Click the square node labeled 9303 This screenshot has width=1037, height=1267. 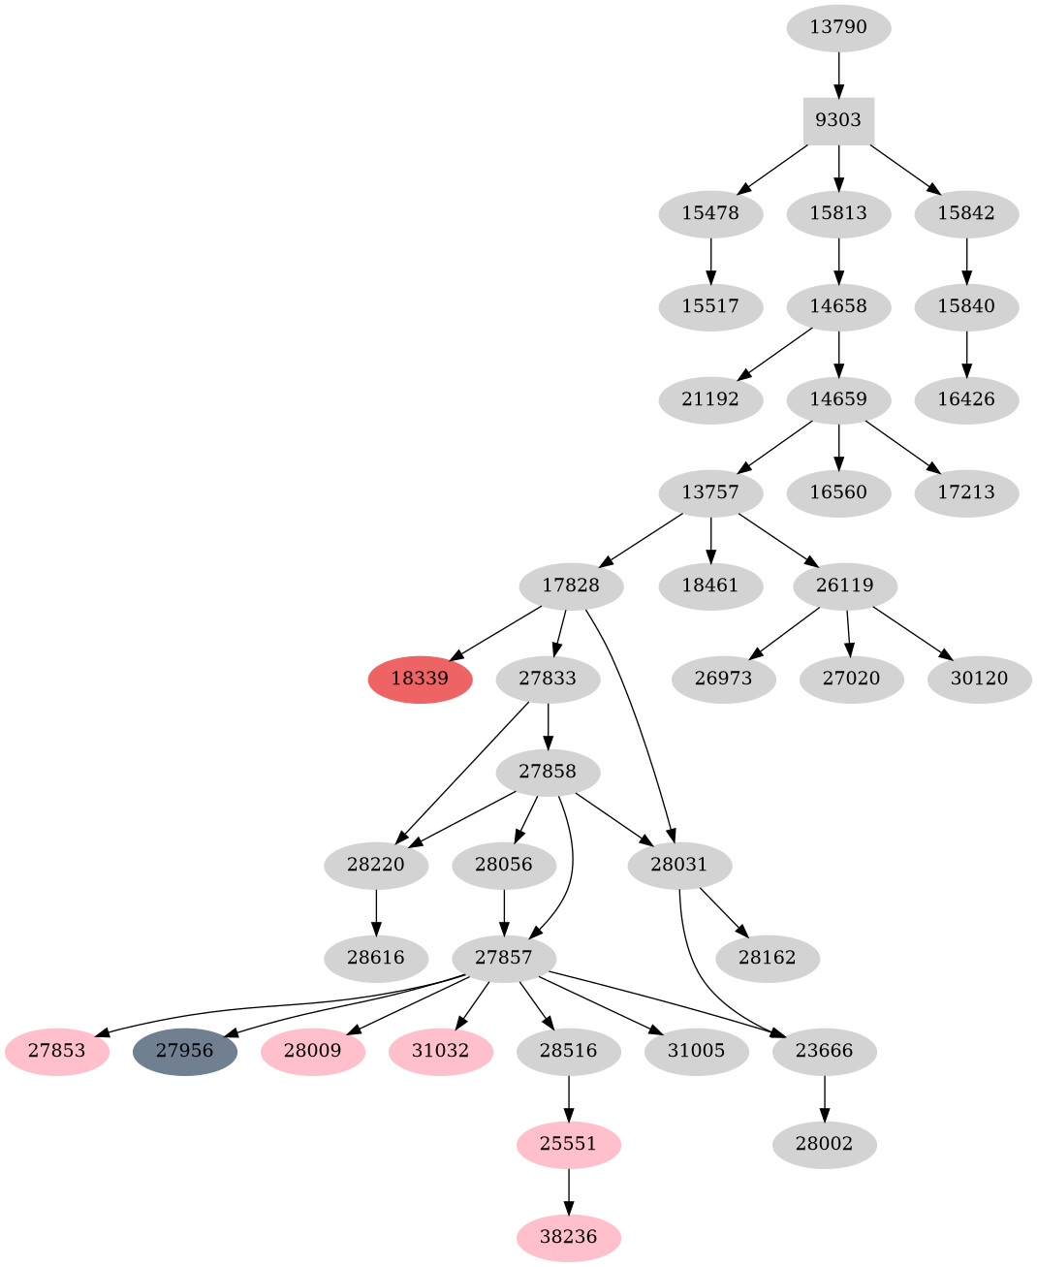click(x=838, y=120)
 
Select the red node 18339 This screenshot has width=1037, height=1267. click(x=420, y=679)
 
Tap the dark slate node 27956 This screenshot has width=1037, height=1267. click(x=184, y=1051)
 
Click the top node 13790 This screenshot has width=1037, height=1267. click(x=838, y=27)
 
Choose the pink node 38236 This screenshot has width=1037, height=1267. click(x=569, y=1237)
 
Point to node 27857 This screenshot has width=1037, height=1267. click(x=504, y=958)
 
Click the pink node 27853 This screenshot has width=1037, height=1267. click(x=56, y=1051)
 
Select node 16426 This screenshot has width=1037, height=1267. click(x=966, y=399)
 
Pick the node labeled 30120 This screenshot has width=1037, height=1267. click(x=980, y=679)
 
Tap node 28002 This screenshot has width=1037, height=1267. click(x=825, y=1144)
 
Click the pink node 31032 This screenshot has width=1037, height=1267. click(x=441, y=1051)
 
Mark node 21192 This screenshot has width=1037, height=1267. click(x=710, y=399)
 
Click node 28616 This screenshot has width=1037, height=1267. click(x=376, y=958)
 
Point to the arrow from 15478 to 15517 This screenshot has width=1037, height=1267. click(x=710, y=259)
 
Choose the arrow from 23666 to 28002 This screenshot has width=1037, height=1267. click(x=825, y=1097)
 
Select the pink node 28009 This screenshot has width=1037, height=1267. click(x=313, y=1051)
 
